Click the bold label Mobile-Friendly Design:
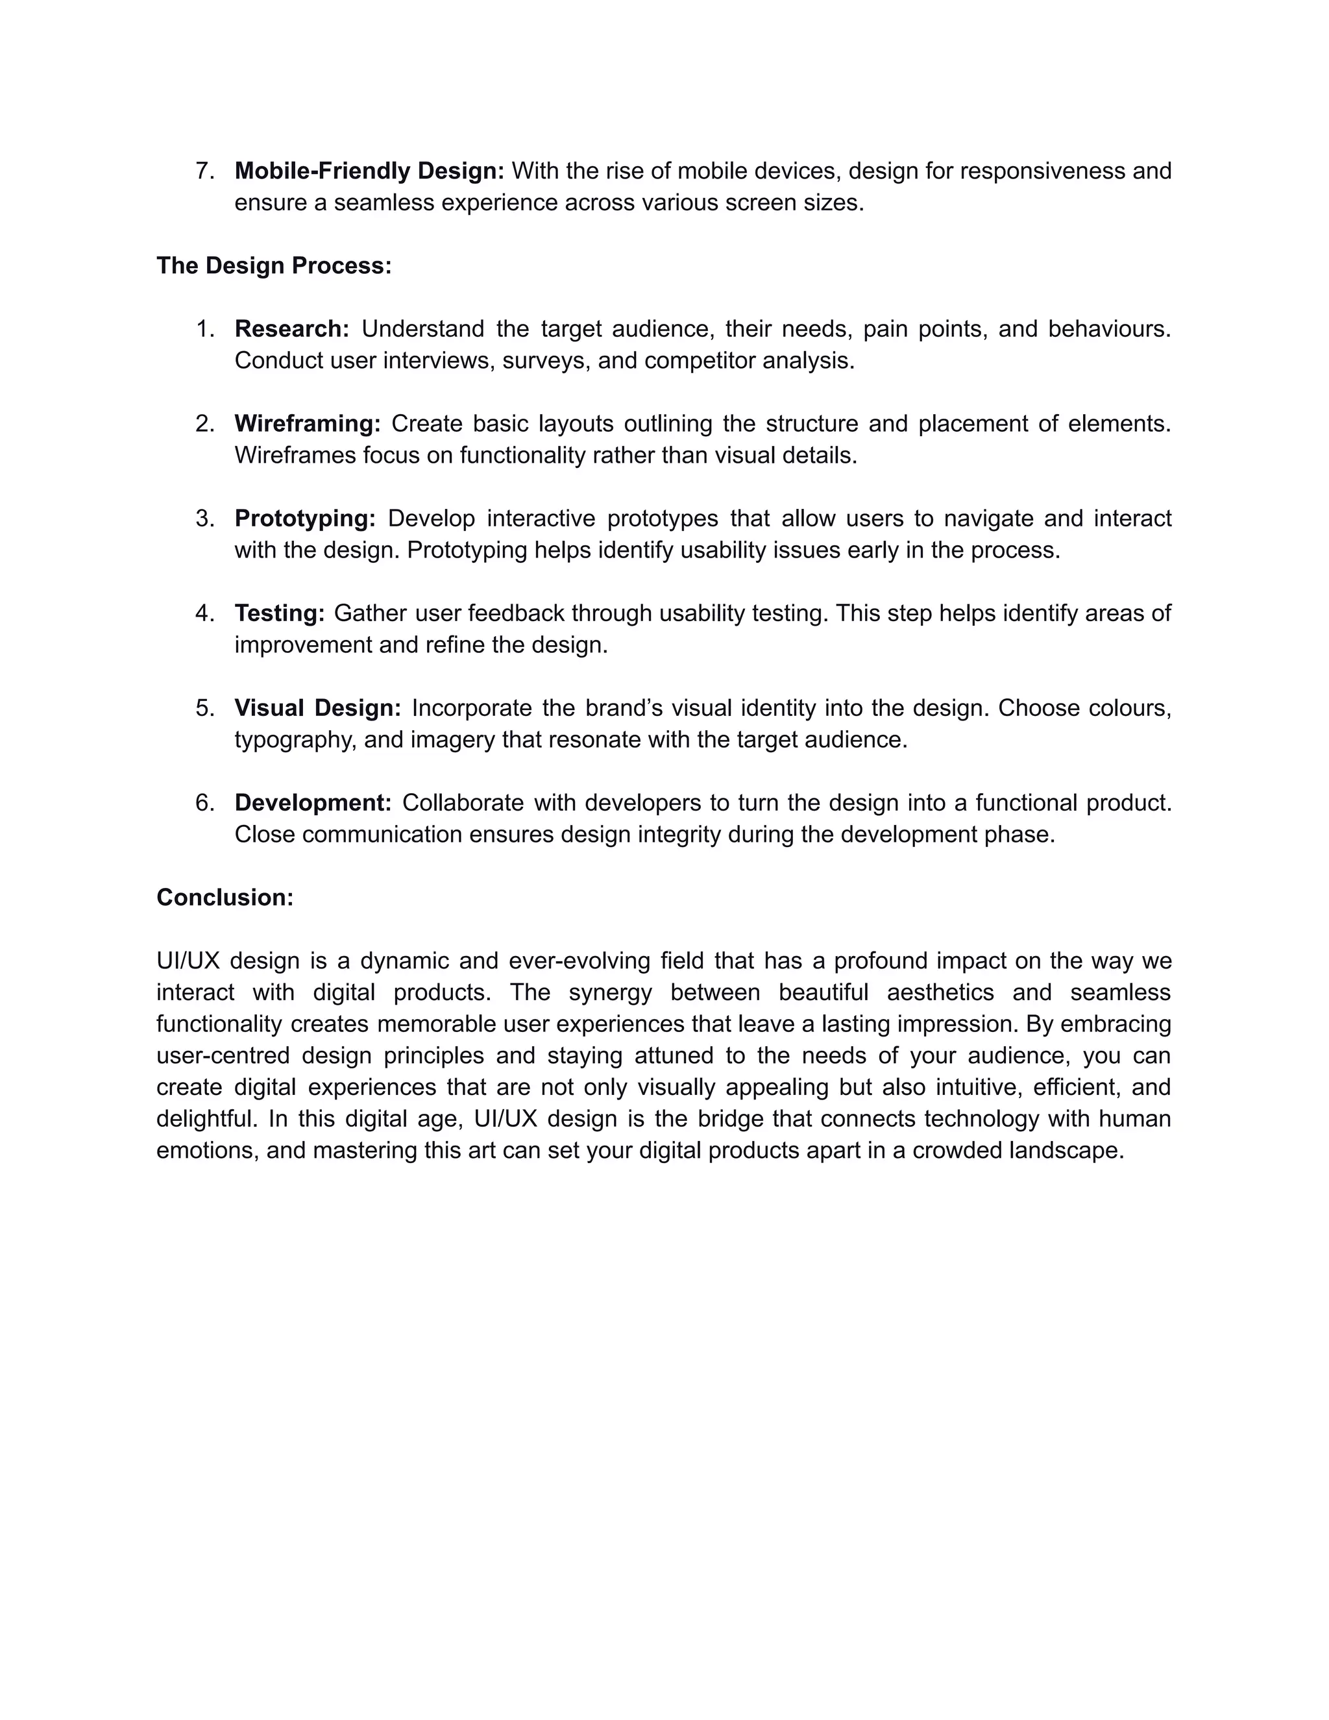pyautogui.click(x=369, y=171)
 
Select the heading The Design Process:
pyautogui.click(x=274, y=265)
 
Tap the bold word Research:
pyautogui.click(x=291, y=328)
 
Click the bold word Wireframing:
pyautogui.click(x=307, y=424)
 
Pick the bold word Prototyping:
pyautogui.click(x=305, y=518)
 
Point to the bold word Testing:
pyautogui.click(x=280, y=613)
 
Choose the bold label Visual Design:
pyautogui.click(x=317, y=708)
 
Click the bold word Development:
pyautogui.click(x=313, y=802)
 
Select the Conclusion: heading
pyautogui.click(x=225, y=897)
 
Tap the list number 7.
pyautogui.click(x=204, y=171)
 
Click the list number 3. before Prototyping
pyautogui.click(x=204, y=518)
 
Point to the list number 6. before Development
pyautogui.click(x=204, y=802)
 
